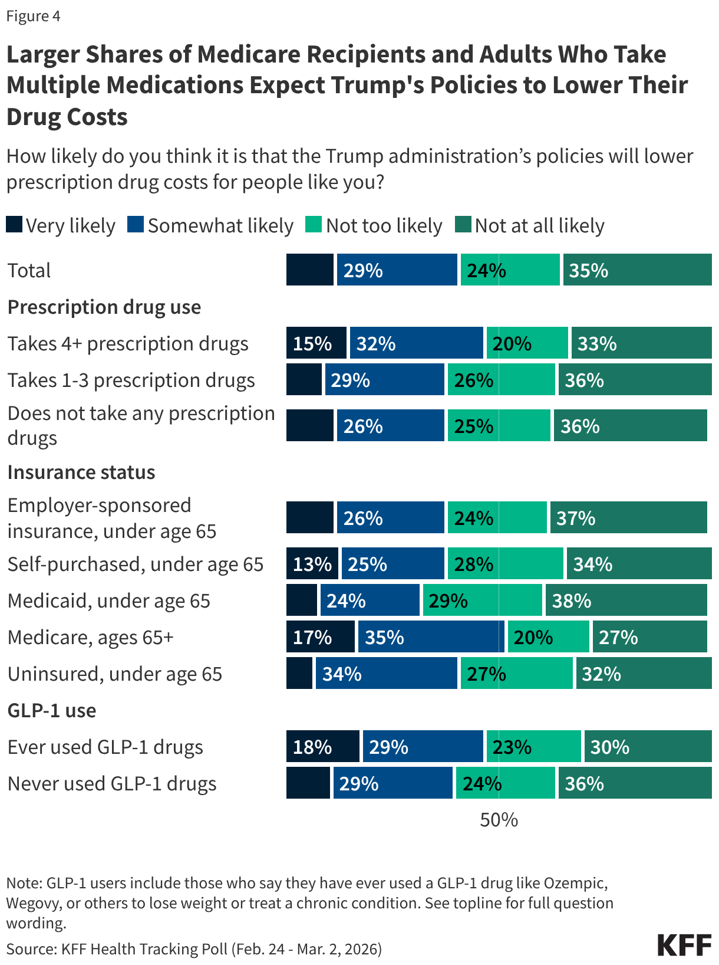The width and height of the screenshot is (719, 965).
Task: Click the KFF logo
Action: (684, 945)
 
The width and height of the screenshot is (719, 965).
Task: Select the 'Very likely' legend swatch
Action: (14, 225)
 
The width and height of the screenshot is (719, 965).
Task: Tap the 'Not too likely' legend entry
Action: (374, 226)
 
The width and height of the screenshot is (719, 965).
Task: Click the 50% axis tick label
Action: (499, 820)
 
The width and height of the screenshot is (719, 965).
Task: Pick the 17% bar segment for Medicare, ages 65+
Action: (320, 637)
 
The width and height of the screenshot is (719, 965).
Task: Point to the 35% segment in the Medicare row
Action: (430, 637)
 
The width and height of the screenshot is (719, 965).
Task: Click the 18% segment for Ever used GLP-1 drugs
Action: (322, 747)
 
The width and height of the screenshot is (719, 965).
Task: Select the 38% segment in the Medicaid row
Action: (625, 600)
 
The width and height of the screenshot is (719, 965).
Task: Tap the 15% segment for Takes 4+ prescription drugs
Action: (316, 343)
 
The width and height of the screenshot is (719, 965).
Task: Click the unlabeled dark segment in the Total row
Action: (309, 270)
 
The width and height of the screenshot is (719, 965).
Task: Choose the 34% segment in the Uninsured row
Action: (386, 674)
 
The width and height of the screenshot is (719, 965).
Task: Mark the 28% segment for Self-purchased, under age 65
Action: (505, 564)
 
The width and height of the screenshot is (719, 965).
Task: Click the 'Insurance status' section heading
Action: (81, 472)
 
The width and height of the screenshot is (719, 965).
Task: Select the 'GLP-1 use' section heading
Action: (52, 711)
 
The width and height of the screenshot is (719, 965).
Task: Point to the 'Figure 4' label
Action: (33, 16)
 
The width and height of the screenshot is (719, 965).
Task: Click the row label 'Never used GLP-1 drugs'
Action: (112, 784)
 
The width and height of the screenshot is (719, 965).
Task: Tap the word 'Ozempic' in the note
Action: (575, 883)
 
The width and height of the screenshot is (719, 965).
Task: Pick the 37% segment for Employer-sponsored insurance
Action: (628, 518)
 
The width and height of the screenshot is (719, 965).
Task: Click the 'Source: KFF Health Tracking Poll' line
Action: (194, 948)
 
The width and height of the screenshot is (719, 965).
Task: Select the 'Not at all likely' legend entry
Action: (530, 226)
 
